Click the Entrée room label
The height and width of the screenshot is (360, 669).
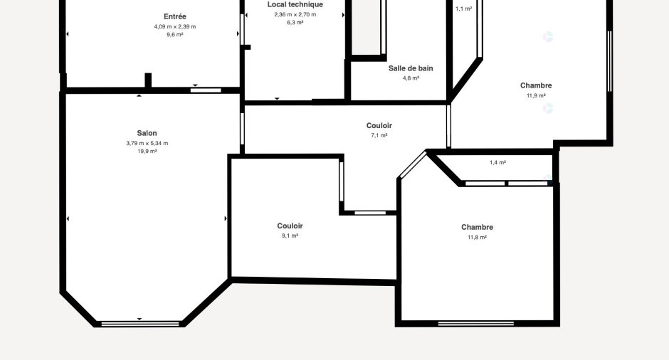(175, 16)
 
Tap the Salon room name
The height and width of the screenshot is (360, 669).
(147, 133)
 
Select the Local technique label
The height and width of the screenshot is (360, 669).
(295, 5)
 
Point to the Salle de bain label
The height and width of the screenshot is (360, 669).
(411, 68)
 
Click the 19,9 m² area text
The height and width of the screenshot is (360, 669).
(147, 152)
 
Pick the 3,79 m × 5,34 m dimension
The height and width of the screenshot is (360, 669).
(147, 143)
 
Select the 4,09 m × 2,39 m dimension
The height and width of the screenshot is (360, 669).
(175, 26)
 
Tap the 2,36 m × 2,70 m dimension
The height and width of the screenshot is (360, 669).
(295, 14)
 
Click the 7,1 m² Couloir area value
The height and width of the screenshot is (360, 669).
(379, 136)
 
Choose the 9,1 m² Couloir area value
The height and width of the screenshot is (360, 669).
(290, 235)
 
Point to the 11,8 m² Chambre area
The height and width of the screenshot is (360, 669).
(477, 238)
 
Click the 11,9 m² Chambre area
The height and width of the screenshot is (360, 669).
(536, 96)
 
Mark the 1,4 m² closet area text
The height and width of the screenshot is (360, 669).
(497, 162)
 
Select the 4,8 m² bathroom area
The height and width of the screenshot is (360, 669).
(411, 78)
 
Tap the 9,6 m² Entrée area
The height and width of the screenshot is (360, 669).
(175, 35)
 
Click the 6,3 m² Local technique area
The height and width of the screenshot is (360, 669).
(295, 23)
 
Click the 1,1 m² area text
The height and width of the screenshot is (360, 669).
(463, 9)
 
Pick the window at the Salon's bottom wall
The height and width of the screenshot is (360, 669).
(140, 324)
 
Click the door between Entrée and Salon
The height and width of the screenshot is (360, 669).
(206, 90)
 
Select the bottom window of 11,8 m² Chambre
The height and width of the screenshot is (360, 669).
(475, 324)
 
